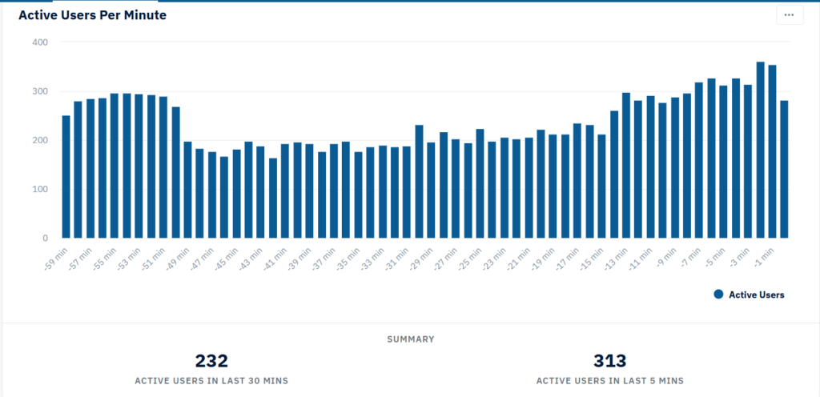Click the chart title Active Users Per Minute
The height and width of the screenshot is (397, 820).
tap(92, 15)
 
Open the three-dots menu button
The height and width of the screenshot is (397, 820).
tap(789, 15)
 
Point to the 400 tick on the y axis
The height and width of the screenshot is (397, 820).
tap(40, 42)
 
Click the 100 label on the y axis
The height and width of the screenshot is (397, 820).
tap(40, 189)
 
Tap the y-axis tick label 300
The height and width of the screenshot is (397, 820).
tap(40, 91)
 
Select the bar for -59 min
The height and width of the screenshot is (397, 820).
tap(66, 177)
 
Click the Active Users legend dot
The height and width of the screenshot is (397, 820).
tap(718, 295)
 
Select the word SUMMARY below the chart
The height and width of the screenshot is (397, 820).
tap(411, 339)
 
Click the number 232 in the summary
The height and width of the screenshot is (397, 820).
tap(211, 361)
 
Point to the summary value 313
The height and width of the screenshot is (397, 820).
tap(609, 361)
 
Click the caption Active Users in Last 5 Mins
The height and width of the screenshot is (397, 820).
tap(609, 381)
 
